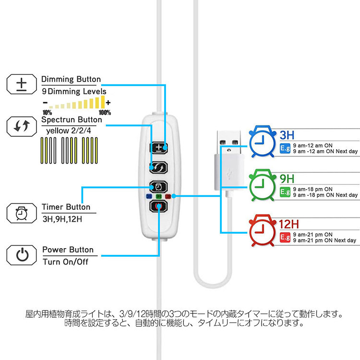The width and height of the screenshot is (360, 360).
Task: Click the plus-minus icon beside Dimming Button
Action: (x=22, y=84)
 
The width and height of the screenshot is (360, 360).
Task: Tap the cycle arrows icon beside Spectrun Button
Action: (x=22, y=126)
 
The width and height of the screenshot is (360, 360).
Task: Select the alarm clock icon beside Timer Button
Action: (x=22, y=213)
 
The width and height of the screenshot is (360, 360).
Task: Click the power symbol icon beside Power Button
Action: (x=22, y=255)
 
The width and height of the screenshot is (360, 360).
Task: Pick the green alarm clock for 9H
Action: (x=260, y=184)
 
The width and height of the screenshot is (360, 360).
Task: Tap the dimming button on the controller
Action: (x=158, y=147)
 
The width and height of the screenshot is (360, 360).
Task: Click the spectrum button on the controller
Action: (x=158, y=167)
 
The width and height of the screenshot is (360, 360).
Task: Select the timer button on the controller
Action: (x=158, y=186)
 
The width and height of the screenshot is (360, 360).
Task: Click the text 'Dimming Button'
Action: (x=71, y=79)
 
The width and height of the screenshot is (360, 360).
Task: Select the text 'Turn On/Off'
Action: (x=66, y=262)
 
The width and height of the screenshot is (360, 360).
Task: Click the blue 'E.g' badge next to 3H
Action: (x=284, y=148)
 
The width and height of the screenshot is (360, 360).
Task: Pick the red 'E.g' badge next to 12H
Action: (x=284, y=237)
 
